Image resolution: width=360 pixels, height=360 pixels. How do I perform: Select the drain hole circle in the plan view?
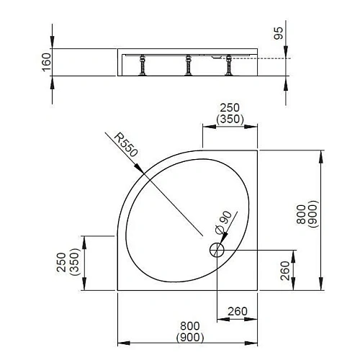pyautogui.click(x=217, y=251)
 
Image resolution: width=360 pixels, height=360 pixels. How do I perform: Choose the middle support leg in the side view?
pyautogui.click(x=188, y=66)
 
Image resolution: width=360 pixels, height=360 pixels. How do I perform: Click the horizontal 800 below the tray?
pyautogui.click(x=189, y=327)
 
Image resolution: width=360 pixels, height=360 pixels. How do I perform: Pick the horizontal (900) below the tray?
pyautogui.click(x=189, y=338)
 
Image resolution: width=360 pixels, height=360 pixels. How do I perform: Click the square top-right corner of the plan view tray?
pyautogui.click(x=258, y=150)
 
